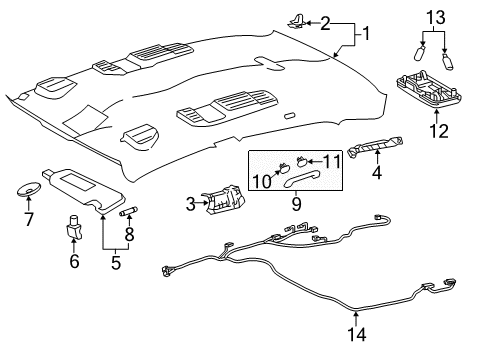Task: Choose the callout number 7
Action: pos(27,218)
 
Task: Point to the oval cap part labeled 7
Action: pos(29,188)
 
